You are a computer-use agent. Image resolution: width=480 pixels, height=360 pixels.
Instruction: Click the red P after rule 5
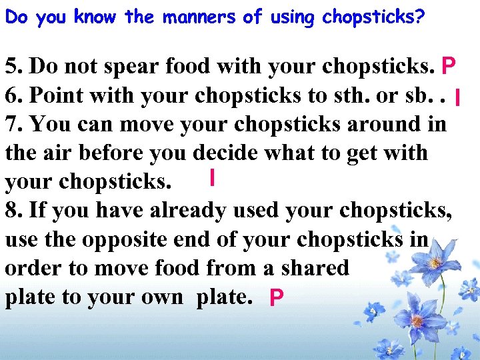[448, 67]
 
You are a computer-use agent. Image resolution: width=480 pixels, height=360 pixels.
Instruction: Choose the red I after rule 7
[211, 178]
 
